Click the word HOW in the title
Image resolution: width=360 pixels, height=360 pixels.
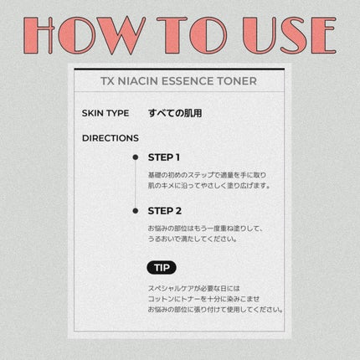[x=85, y=35]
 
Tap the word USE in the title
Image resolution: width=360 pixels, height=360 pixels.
[x=290, y=35]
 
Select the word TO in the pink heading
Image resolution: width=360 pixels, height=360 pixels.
[x=192, y=35]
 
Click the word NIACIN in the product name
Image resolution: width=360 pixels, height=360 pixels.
[x=138, y=81]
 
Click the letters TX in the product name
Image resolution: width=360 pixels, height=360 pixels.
[x=107, y=81]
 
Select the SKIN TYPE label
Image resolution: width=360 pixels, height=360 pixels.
[x=105, y=113]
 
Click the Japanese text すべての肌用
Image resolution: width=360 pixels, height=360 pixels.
[x=175, y=113]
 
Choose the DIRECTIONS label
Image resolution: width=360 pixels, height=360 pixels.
[x=111, y=138]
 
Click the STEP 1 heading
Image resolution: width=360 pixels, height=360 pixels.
[x=164, y=157]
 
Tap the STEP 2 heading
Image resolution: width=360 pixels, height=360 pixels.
[x=165, y=211]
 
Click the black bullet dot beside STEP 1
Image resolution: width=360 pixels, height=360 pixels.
[x=136, y=157]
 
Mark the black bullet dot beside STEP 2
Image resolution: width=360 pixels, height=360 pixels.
[x=136, y=211]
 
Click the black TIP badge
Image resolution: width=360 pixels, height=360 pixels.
[x=162, y=268]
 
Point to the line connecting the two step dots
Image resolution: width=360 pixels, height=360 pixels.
[x=136, y=184]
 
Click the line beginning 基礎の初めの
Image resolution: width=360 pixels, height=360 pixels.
[x=207, y=175]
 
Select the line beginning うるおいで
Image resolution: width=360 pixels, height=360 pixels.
[x=193, y=239]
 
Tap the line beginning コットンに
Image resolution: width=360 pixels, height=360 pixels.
[x=203, y=299]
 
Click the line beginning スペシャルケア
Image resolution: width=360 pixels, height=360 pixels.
[x=194, y=288]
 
